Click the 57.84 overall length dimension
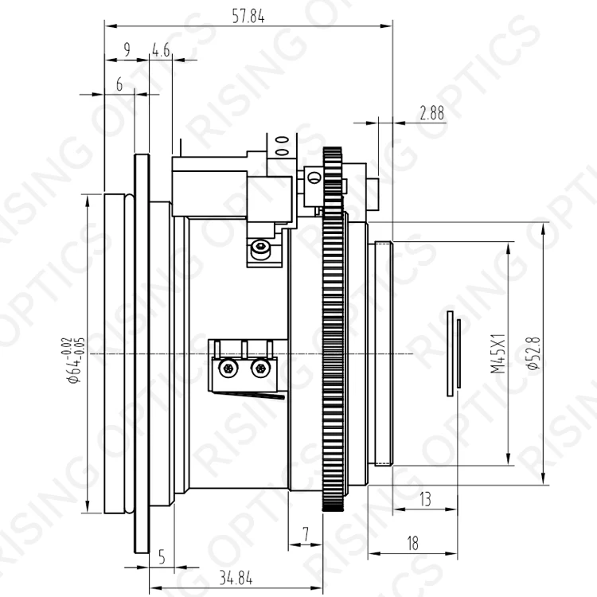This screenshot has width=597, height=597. pos(248,17)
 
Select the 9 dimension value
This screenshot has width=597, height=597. pos(127,49)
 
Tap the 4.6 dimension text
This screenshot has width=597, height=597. pos(161,50)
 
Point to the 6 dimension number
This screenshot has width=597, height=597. pos(119,84)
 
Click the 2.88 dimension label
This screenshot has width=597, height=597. pos(432,113)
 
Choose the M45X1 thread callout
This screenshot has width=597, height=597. pos(498,353)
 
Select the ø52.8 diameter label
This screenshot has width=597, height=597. pos(534,353)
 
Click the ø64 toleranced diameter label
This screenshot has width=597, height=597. pos(73,360)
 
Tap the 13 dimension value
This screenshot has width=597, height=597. pos(425,499)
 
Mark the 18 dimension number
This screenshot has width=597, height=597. pos(413,543)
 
